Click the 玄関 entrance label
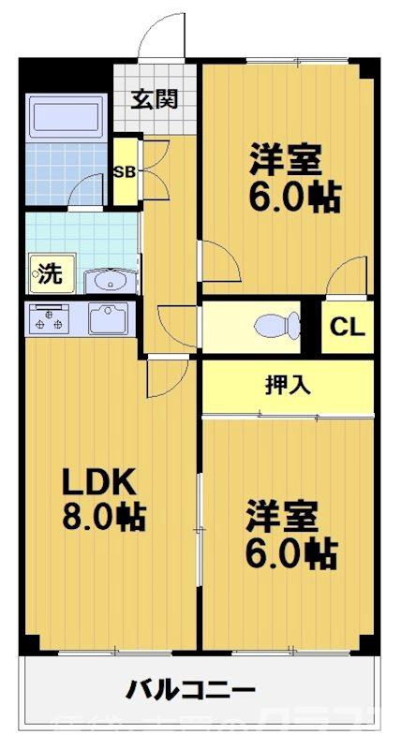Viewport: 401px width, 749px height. pos(155,98)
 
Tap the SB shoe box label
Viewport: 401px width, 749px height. pos(123,172)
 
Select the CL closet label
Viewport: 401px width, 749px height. pos(348,328)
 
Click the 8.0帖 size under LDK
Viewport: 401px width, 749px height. pos(104,517)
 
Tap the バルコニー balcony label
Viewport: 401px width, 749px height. pos(191,691)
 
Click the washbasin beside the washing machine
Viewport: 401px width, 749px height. pos(111,279)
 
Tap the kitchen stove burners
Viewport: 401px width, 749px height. pos(49,319)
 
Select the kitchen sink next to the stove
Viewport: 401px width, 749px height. pos(112,319)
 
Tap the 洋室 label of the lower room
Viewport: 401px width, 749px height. pos(285,516)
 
